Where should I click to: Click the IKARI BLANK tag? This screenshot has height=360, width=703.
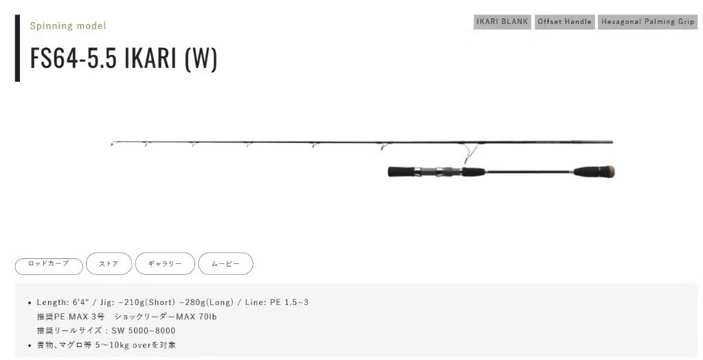tap(502, 22)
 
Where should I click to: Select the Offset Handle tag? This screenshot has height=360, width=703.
tap(564, 22)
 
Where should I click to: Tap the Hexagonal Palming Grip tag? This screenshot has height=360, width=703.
tap(647, 22)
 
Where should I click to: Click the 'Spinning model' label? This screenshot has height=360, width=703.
tap(68, 26)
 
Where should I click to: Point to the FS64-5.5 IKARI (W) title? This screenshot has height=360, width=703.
tap(124, 58)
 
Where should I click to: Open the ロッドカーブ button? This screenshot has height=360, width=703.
tap(49, 266)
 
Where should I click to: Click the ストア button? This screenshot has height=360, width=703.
tap(109, 264)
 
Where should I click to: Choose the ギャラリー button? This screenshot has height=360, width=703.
tap(165, 264)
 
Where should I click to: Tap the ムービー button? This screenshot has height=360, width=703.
tap(225, 264)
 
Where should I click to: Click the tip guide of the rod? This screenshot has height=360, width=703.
tap(113, 144)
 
